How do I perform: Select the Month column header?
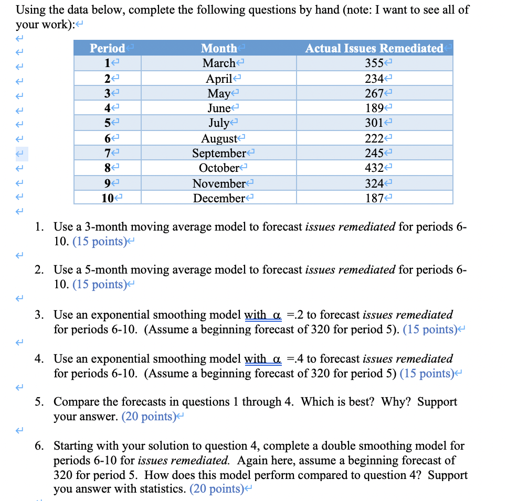coord(219,48)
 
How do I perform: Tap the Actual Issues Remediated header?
coord(374,48)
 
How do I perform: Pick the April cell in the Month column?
coord(218,78)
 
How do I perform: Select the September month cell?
coord(218,153)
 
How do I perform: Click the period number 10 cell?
coord(108,198)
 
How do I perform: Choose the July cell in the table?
coord(218,123)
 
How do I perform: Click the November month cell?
coord(218,183)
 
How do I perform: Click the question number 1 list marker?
coord(39,227)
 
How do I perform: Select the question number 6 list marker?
coord(39,446)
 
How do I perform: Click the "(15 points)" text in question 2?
coord(98,285)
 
